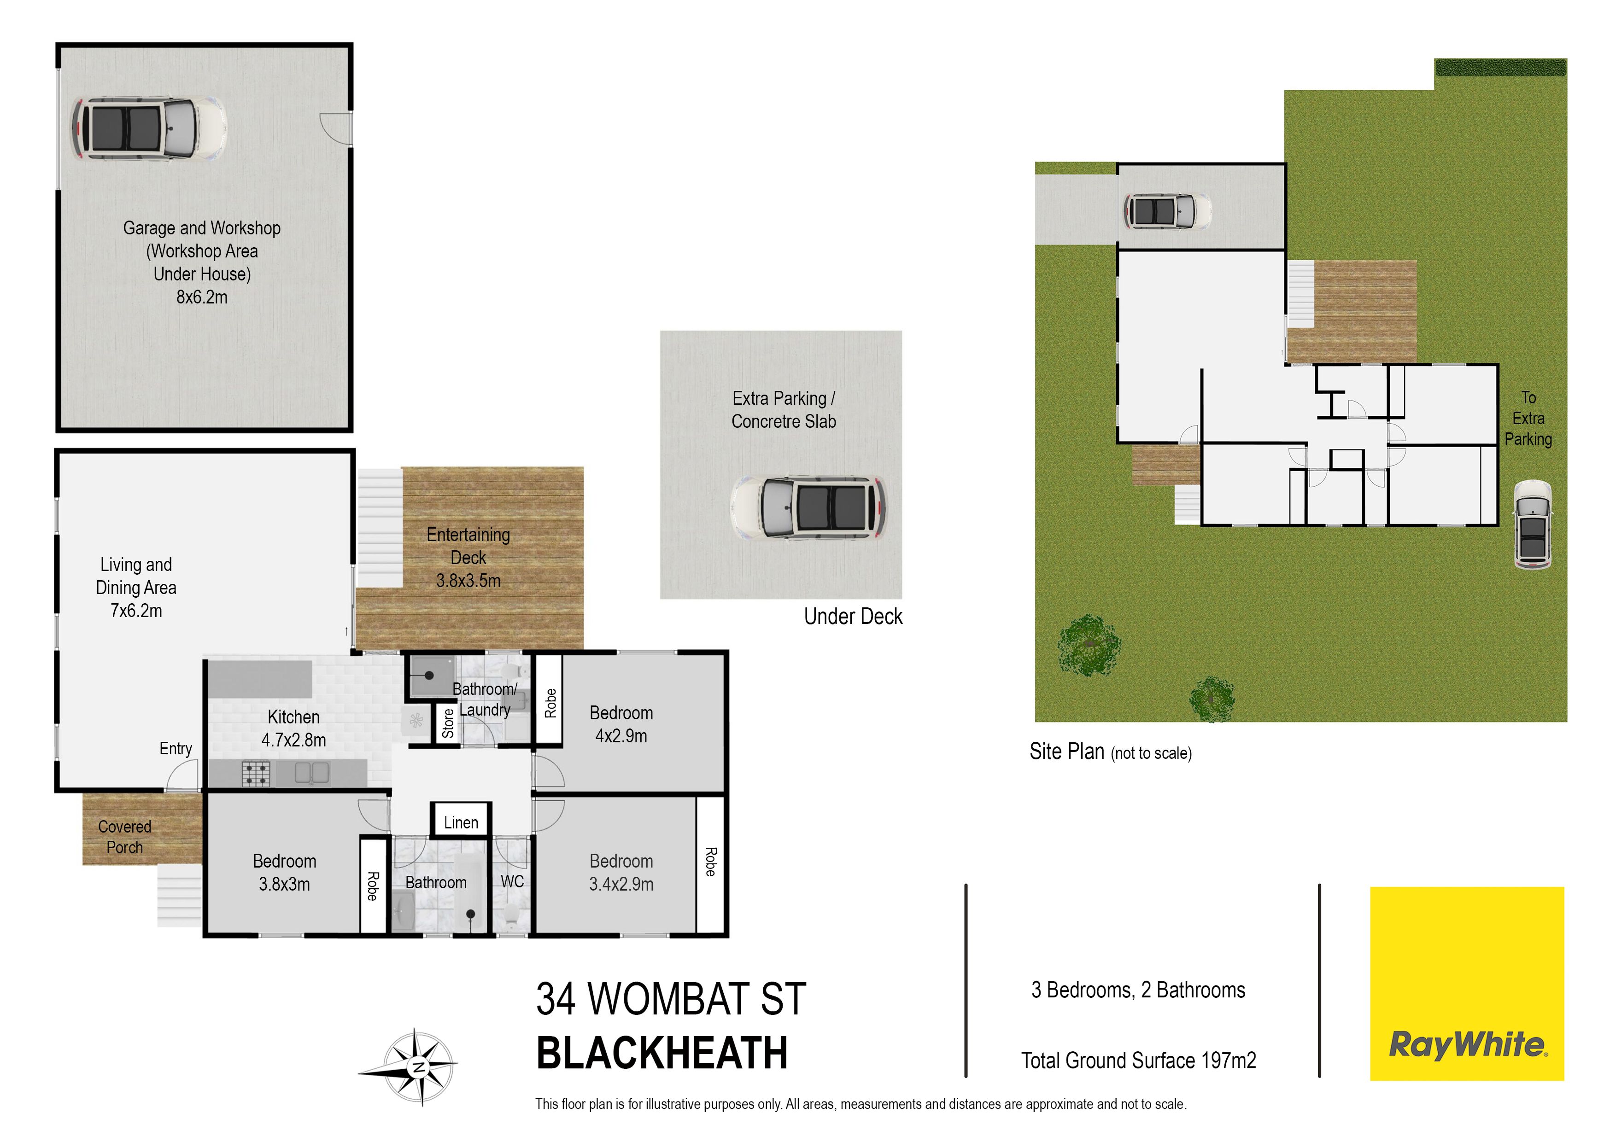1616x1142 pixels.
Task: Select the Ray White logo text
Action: click(1468, 1044)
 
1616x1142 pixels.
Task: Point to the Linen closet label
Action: click(461, 822)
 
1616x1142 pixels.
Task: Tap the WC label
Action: click(512, 882)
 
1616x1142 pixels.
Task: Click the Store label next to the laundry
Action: click(448, 723)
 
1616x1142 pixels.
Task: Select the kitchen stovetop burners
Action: click(256, 774)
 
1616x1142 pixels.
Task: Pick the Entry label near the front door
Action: click(176, 749)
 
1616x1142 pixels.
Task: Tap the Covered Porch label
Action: click(124, 837)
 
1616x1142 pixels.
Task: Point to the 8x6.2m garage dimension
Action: click(202, 297)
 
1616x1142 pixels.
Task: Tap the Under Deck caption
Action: click(853, 617)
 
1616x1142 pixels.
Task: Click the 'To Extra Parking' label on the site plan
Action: click(1528, 419)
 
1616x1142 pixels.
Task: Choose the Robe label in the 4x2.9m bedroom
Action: click(550, 704)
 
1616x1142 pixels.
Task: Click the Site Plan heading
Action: click(1067, 752)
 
